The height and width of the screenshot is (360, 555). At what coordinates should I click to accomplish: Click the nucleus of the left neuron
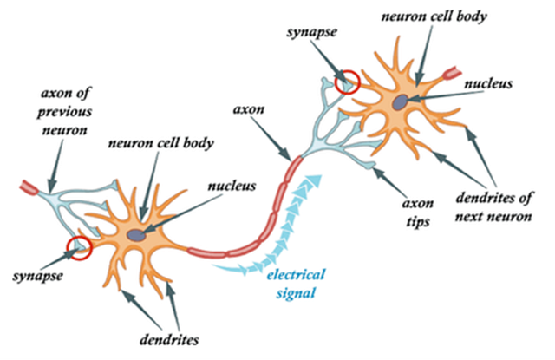tap(137, 234)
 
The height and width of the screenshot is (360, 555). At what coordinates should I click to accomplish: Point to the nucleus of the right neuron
tap(400, 101)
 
